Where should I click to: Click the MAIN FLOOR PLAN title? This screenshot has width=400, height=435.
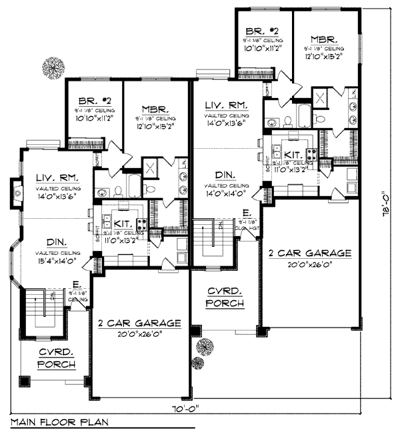pyautogui.click(x=57, y=422)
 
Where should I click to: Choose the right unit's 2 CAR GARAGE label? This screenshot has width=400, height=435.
pyautogui.click(x=309, y=253)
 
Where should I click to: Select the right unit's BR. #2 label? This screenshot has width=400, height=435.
pyautogui.click(x=262, y=31)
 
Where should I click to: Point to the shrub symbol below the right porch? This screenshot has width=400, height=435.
pyautogui.click(x=198, y=362)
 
